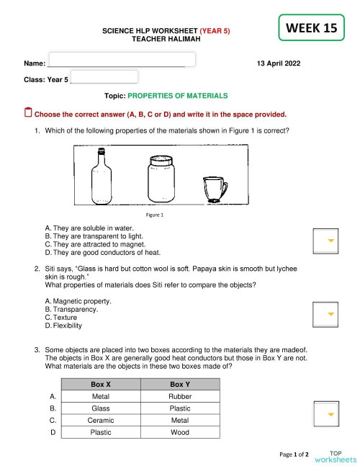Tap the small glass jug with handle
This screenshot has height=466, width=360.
pyautogui.click(x=214, y=189)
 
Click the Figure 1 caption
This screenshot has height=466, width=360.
pyautogui.click(x=154, y=215)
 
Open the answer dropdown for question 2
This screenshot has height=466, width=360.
pyautogui.click(x=324, y=314)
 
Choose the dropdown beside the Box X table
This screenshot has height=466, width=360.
pyautogui.click(x=324, y=414)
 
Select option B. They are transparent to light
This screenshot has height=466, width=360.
pyautogui.click(x=94, y=236)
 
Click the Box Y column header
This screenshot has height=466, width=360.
pyautogui.click(x=179, y=385)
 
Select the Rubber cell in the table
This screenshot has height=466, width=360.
pyautogui.click(x=179, y=396)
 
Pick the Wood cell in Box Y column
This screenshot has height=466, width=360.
pyautogui.click(x=179, y=433)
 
